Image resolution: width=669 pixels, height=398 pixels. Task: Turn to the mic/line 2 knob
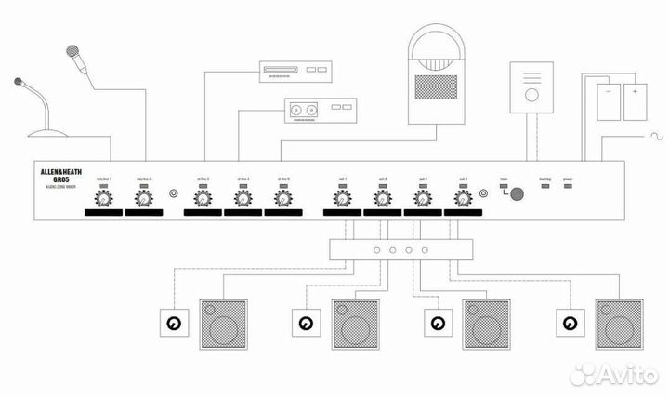point(144,198)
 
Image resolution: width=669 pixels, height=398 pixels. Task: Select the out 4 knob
point(463,198)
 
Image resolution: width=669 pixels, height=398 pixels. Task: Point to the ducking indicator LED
point(544,187)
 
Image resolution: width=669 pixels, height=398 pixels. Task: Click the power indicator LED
point(568,187)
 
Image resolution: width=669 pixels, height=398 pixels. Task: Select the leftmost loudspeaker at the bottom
point(223,323)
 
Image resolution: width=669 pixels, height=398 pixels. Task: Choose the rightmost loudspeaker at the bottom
point(620,323)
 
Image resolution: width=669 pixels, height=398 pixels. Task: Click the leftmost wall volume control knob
point(172,325)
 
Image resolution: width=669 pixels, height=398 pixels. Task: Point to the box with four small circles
point(400,250)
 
